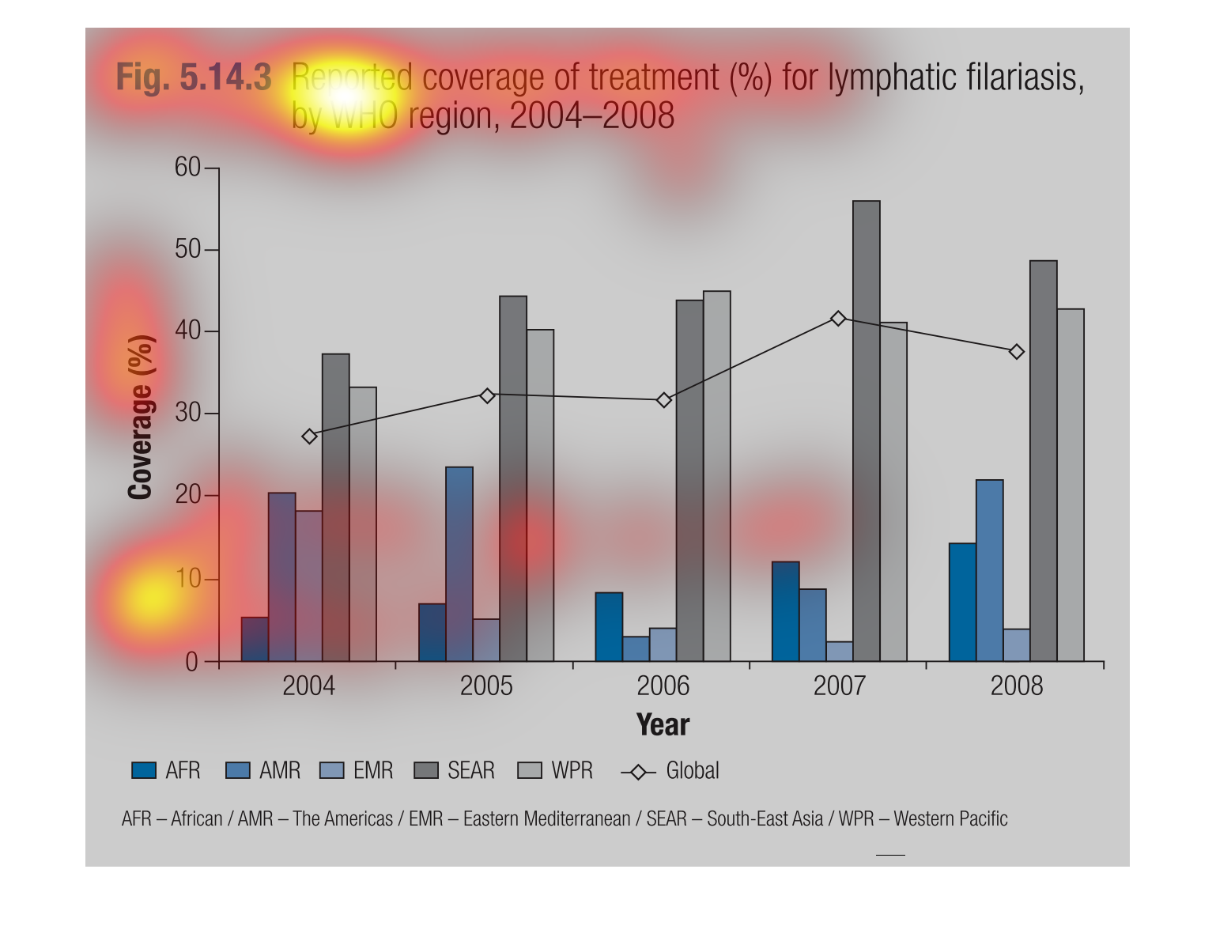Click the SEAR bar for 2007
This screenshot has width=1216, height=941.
[x=866, y=431]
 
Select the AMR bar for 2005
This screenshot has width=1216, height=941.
[x=459, y=564]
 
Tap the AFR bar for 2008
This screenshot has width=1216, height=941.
[x=962, y=602]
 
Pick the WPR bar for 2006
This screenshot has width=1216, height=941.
[x=716, y=476]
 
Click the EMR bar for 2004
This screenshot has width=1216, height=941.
[x=308, y=586]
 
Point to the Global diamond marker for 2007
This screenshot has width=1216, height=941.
[x=838, y=319]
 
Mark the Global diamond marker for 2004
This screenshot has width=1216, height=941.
[x=309, y=436]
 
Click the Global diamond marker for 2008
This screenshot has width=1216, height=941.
[x=1017, y=352]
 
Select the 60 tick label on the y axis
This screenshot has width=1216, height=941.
[x=187, y=168]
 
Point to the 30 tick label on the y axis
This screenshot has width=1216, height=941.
[x=187, y=414]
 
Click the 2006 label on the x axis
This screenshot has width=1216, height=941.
[x=663, y=686]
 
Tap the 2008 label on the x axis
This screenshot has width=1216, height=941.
[x=1017, y=686]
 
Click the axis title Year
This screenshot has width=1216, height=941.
[x=663, y=724]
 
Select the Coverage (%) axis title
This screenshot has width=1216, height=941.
[x=140, y=418]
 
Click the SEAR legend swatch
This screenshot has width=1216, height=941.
[x=426, y=770]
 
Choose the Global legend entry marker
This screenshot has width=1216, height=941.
[x=638, y=772]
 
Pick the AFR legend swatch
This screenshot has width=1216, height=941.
[x=144, y=770]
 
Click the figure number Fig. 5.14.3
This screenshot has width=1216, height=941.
[x=194, y=77]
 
